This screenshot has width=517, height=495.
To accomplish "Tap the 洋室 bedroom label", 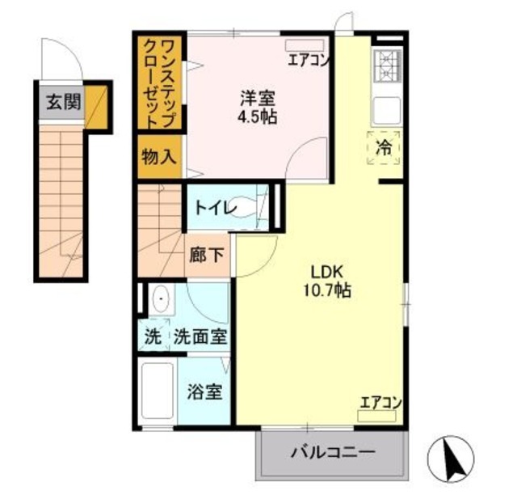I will (x=258, y=99).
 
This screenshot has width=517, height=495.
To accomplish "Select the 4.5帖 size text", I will (x=258, y=116).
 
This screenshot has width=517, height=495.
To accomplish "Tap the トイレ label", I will (x=215, y=209).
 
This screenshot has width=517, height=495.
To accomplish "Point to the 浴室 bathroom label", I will (x=204, y=393).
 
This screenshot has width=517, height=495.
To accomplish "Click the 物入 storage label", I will (x=158, y=155).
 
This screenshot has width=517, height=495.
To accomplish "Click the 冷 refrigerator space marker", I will (x=385, y=148).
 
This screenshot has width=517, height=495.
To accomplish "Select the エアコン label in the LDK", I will (x=380, y=402).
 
